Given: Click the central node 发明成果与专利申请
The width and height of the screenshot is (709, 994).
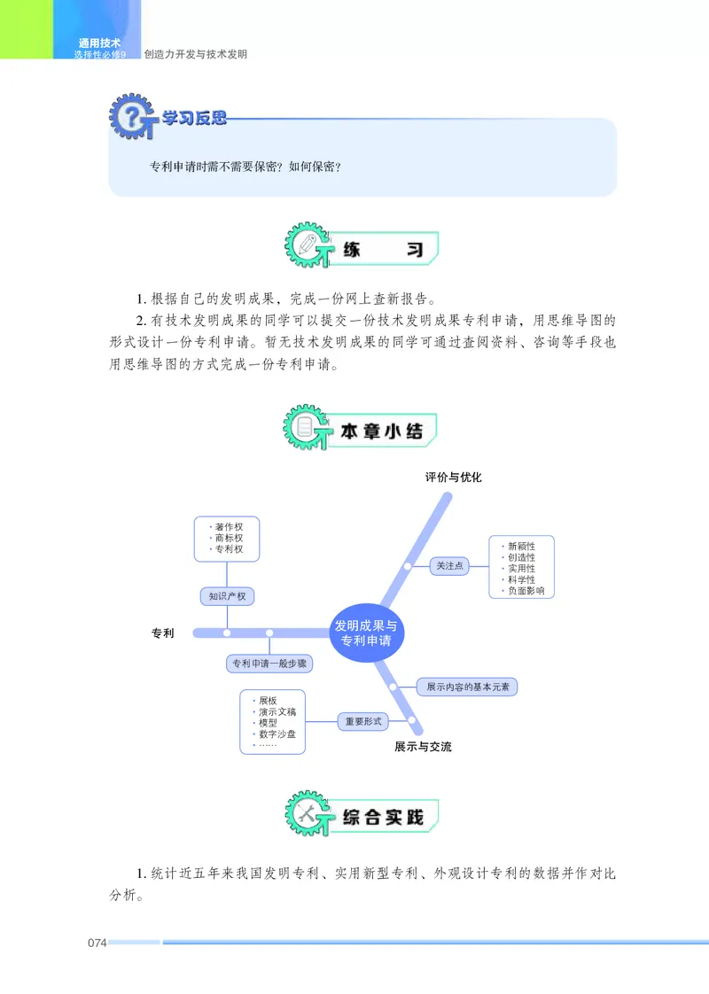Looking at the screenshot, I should pos(366,633).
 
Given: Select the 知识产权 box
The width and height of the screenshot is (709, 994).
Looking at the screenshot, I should pos(227,596).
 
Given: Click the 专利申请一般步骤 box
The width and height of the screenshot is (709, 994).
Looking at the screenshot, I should pos(269,663).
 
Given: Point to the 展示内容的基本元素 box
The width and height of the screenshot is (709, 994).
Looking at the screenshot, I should pos(467,686).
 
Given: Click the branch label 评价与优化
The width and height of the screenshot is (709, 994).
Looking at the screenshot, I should pos(453,478).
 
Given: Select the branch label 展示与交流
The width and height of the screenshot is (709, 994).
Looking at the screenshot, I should pos(423,747).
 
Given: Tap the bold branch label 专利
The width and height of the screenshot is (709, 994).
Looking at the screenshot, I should pos(162,633).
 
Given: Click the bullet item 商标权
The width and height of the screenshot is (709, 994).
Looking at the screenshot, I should pos(229,538).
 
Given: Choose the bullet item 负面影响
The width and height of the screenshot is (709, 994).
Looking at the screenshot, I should pos(526,591).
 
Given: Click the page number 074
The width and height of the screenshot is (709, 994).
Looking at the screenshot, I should pos(97,942).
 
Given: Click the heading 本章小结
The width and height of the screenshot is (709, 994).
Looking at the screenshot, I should pos(381,431).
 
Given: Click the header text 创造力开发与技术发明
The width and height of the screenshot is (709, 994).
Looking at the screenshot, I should pos(195,54).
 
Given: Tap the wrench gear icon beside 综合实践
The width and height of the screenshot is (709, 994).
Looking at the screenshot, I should pos(309,815).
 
